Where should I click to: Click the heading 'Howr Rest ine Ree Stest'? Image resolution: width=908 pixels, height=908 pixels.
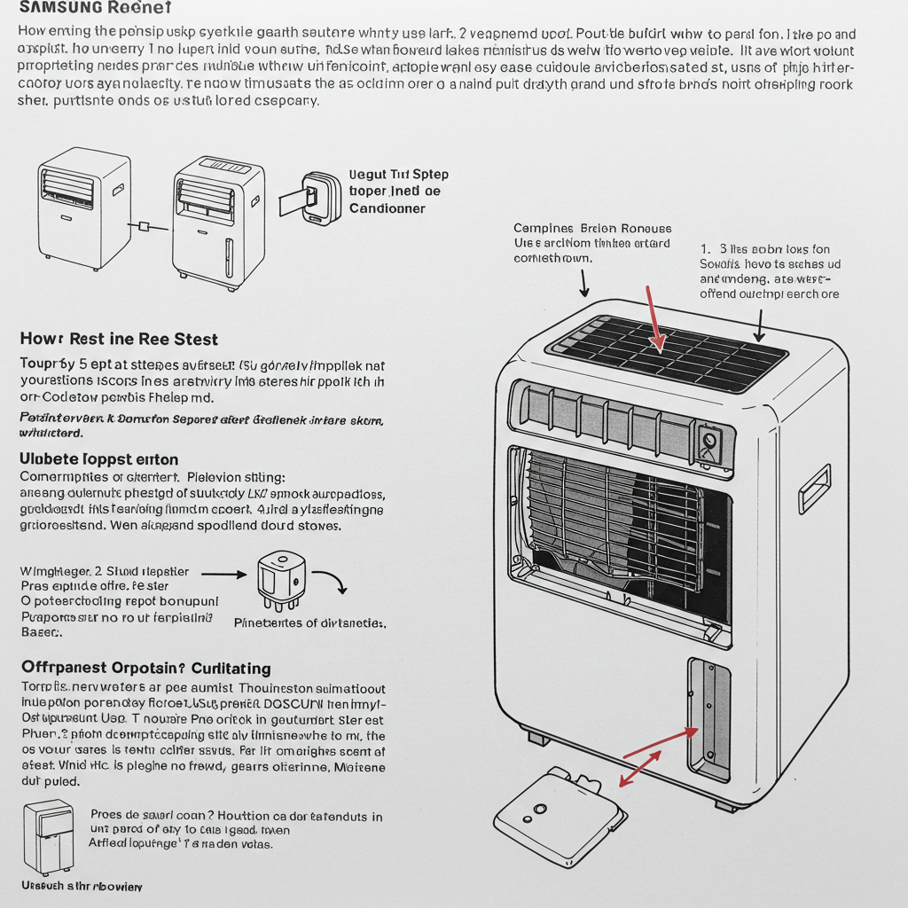pyautogui.click(x=119, y=339)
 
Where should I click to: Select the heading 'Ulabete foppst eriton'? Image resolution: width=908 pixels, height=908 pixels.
pyautogui.click(x=98, y=459)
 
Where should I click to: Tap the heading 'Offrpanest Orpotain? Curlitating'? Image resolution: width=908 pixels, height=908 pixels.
pyautogui.click(x=145, y=668)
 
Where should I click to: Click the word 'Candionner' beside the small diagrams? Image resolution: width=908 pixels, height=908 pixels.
pyautogui.click(x=387, y=208)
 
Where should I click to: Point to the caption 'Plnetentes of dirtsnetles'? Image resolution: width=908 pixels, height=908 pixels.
pyautogui.click(x=309, y=623)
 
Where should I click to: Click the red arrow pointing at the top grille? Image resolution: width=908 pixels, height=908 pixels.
pyautogui.click(x=654, y=318)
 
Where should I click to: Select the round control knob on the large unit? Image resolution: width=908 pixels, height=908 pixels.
pyautogui.click(x=709, y=439)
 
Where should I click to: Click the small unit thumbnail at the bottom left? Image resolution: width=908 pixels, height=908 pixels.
pyautogui.click(x=49, y=836)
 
